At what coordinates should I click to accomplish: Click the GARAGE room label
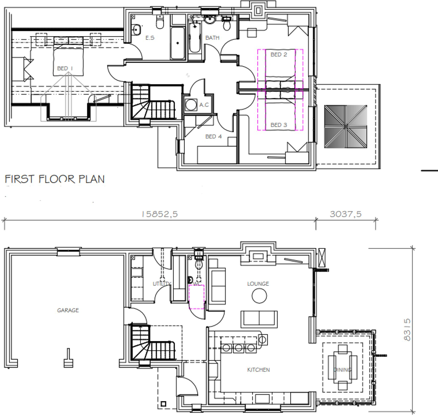coord(68,310)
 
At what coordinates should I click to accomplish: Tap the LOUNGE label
coord(258,284)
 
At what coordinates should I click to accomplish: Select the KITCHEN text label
coord(258,370)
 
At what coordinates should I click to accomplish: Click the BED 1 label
coord(65,68)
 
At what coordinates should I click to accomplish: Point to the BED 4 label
coord(213,136)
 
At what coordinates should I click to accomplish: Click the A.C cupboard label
coord(204,105)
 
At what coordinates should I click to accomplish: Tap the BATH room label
coord(212,38)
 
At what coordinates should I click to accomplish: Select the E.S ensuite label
coord(150,38)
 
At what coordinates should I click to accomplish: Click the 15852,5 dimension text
coord(159,214)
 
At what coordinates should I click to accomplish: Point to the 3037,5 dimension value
coord(346,214)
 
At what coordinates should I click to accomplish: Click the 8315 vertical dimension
coord(407,329)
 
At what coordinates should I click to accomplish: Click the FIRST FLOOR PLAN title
coord(54,179)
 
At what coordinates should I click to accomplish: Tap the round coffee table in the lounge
coord(259,296)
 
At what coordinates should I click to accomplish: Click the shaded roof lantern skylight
coord(345,126)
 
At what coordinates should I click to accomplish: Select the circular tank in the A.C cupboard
coord(191,105)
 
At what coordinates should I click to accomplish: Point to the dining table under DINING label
coord(342,367)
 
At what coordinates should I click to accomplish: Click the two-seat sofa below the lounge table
coord(259,319)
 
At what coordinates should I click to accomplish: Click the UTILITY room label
coord(162,284)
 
